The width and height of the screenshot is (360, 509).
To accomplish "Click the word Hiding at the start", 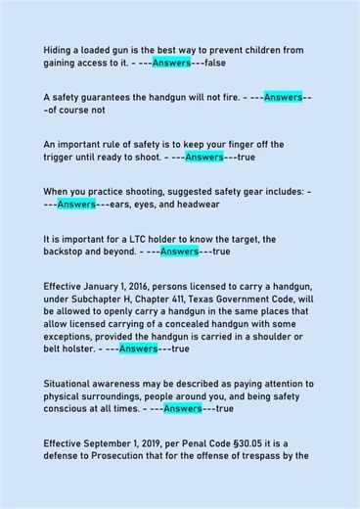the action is click(60, 49).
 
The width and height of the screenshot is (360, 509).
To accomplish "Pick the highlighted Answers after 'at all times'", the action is click(183, 408).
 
